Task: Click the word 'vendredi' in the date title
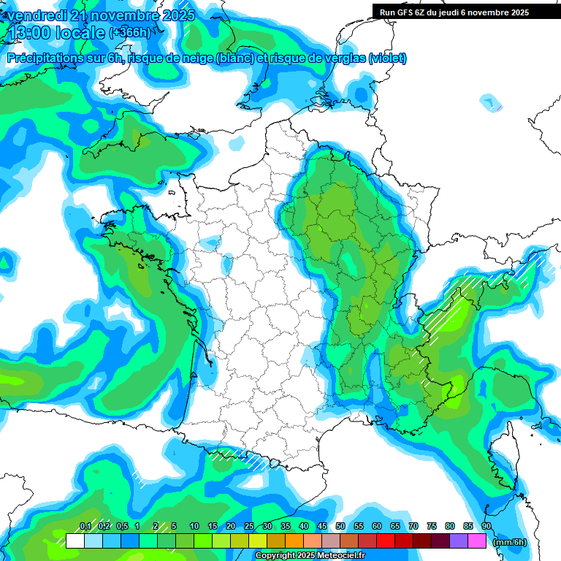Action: tap(33, 15)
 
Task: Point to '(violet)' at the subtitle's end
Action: tap(387, 58)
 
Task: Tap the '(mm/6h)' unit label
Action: tap(510, 542)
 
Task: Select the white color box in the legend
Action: tap(75, 541)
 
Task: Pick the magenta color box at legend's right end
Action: tap(477, 541)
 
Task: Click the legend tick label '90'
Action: tap(486, 526)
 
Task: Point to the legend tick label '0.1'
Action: tap(85, 526)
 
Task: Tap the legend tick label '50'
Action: tap(340, 526)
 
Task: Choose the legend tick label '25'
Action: tap(249, 526)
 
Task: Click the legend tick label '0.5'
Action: tap(121, 526)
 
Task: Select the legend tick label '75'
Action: tap(432, 526)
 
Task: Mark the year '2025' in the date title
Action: tap(178, 15)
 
